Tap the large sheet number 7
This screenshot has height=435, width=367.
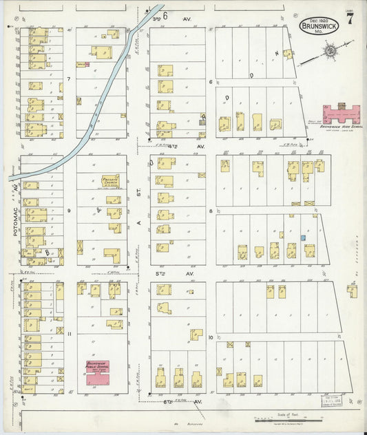point(351,19)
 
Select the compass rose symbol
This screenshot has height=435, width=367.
point(331,52)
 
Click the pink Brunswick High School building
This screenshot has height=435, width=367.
point(342,112)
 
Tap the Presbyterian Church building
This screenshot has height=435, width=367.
point(110,181)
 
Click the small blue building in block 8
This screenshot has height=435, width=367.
point(302,237)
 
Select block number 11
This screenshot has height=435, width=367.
point(70,333)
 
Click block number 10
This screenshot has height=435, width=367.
point(211,337)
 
